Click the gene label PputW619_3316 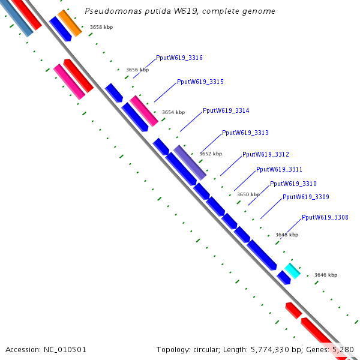tap(179, 58)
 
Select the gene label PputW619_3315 tap(200, 82)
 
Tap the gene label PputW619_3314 tap(226, 110)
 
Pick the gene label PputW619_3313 tap(245, 133)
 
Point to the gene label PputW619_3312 tap(265, 154)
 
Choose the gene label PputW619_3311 tap(279, 169)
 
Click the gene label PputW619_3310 tap(293, 184)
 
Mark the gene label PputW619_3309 tap(305, 197)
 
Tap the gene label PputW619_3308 tap(325, 217)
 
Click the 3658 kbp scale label tap(101, 27)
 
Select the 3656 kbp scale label tap(137, 70)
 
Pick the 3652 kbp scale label tap(210, 154)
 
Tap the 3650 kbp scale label tap(248, 194)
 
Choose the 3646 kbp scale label tap(325, 275)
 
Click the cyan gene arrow tap(292, 271)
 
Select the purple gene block tap(190, 162)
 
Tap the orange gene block tap(69, 23)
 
